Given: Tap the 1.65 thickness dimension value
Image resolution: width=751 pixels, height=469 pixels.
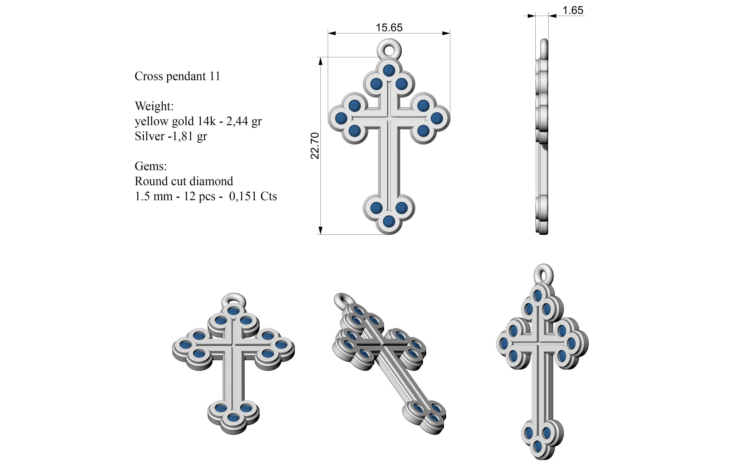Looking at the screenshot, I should click(x=573, y=11).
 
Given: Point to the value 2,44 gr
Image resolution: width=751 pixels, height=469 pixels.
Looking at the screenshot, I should click(x=244, y=121).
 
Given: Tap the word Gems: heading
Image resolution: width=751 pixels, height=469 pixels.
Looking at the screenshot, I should click(x=151, y=166).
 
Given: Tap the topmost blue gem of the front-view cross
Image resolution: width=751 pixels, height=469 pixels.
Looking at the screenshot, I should click(x=389, y=70).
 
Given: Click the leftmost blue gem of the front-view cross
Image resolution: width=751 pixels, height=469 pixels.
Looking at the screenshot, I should click(x=341, y=118).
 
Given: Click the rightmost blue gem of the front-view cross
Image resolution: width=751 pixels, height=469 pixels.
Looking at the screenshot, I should click(x=437, y=118).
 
